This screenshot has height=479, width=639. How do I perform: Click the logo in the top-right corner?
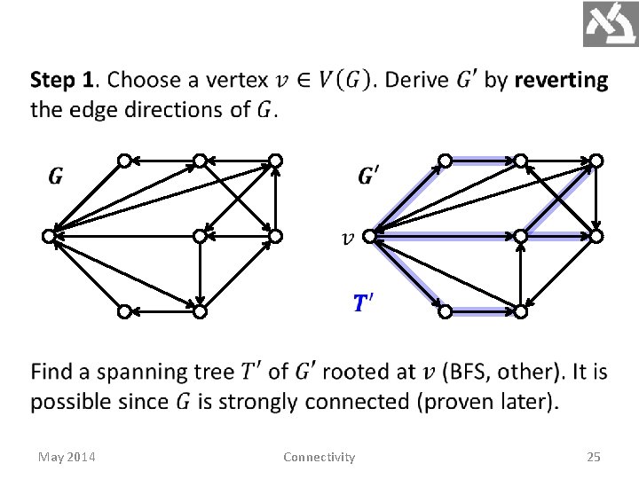(610, 24)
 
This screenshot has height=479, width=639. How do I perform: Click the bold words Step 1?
(62, 81)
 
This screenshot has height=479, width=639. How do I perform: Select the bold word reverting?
(561, 81)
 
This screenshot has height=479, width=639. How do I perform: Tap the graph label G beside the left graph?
(55, 177)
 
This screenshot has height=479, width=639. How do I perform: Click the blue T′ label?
(362, 304)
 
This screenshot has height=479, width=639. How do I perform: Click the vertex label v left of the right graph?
(349, 237)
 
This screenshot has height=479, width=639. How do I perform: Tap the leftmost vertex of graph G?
(49, 236)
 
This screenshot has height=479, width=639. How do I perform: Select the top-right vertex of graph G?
(276, 160)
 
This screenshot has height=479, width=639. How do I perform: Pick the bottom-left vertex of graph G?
(125, 311)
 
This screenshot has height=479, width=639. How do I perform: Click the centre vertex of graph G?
(201, 236)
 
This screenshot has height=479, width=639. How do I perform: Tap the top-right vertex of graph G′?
(597, 160)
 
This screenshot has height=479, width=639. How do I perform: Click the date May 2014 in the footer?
(67, 457)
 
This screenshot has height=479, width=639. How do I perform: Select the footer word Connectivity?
(319, 457)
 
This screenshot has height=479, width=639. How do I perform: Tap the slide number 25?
(594, 457)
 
